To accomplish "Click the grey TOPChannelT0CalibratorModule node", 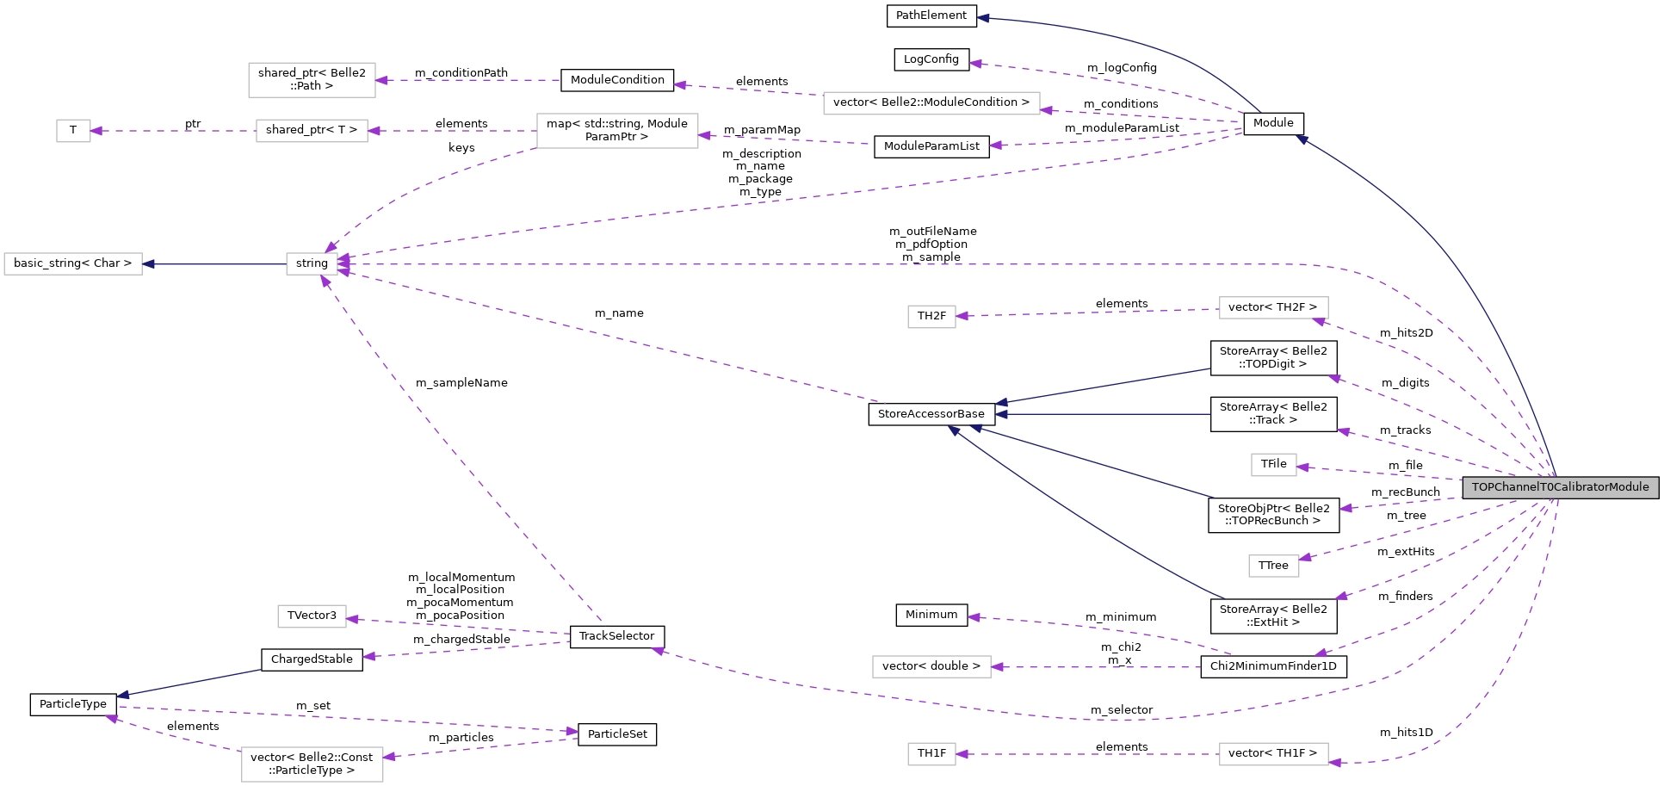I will pyautogui.click(x=1560, y=487).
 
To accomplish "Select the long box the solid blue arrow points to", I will pyautogui.click(x=73, y=263).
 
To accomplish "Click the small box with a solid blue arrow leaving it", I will pyautogui.click(x=312, y=263).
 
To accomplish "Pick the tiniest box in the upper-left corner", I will pyautogui.click(x=73, y=131).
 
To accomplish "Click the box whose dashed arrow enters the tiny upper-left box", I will pyautogui.click(x=312, y=131).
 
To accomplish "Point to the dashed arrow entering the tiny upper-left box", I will pyautogui.click(x=173, y=131).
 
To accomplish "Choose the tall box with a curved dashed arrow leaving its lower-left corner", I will pyautogui.click(x=617, y=131).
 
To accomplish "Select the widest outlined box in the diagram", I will pyautogui.click(x=931, y=103).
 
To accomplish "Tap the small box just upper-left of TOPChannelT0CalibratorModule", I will pyautogui.click(x=1273, y=465).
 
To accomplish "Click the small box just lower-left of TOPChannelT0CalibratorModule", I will pyautogui.click(x=1273, y=566).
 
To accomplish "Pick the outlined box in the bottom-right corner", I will pyautogui.click(x=1273, y=754).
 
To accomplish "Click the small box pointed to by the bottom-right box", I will pyautogui.click(x=931, y=754).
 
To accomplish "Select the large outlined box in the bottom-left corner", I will pyautogui.click(x=312, y=764).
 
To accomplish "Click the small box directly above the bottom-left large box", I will pyautogui.click(x=312, y=616).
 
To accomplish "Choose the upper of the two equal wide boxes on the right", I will pyautogui.click(x=1273, y=307).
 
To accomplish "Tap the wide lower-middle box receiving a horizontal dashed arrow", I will pyautogui.click(x=931, y=666).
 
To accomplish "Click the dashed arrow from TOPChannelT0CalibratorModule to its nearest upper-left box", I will pyautogui.click(x=1377, y=473).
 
